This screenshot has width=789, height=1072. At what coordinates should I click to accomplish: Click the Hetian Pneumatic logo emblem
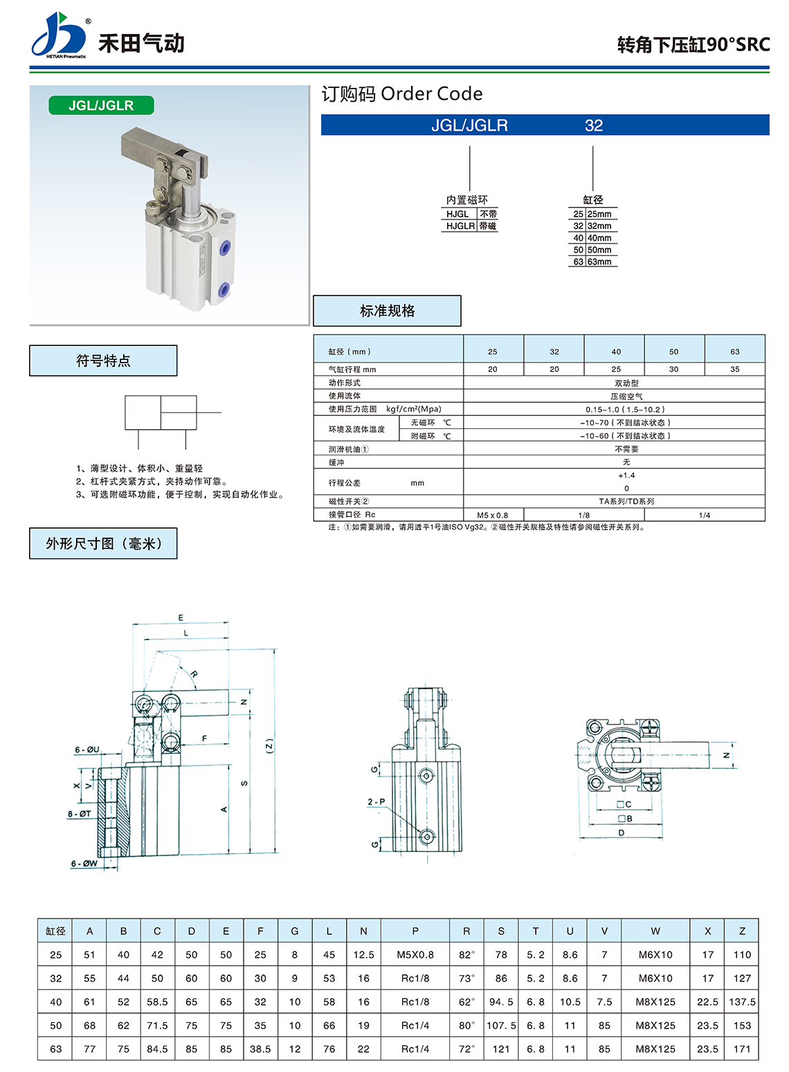pyautogui.click(x=59, y=35)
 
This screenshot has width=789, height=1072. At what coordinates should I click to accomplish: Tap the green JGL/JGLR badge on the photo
pyautogui.click(x=101, y=106)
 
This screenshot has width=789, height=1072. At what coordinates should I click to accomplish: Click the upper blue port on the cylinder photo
pyautogui.click(x=224, y=248)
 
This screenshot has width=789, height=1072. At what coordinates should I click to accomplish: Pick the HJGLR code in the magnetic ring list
pyautogui.click(x=460, y=226)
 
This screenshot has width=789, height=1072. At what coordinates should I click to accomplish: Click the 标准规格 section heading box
pyautogui.click(x=387, y=311)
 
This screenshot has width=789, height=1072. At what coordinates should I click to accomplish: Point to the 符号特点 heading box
pyautogui.click(x=103, y=361)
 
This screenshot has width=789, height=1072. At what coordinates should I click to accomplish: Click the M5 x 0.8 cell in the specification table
pyautogui.click(x=493, y=515)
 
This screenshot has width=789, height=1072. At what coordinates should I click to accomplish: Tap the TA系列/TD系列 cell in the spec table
pyautogui.click(x=626, y=501)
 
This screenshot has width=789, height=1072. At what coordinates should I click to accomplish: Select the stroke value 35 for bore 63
pyautogui.click(x=734, y=369)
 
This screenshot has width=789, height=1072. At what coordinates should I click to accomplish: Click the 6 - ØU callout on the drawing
pyautogui.click(x=87, y=750)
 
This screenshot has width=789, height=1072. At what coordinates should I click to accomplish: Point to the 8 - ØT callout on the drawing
pyautogui.click(x=80, y=814)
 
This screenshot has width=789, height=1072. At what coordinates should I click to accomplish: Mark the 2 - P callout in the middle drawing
pyautogui.click(x=376, y=801)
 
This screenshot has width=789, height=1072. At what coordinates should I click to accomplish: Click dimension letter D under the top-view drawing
pyautogui.click(x=621, y=833)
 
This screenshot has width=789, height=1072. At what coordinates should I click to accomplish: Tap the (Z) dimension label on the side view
pyautogui.click(x=269, y=745)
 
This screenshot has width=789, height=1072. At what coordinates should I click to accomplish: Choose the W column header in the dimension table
pyautogui.click(x=655, y=931)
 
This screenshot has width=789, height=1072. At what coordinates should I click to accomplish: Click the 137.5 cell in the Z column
pyautogui.click(x=742, y=1001)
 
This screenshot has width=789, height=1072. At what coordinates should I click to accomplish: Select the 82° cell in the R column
pyautogui.click(x=466, y=954)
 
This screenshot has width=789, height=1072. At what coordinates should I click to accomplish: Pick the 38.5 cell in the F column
pyautogui.click(x=260, y=1048)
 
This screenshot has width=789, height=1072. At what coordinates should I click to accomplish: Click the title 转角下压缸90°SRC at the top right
pyautogui.click(x=693, y=45)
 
